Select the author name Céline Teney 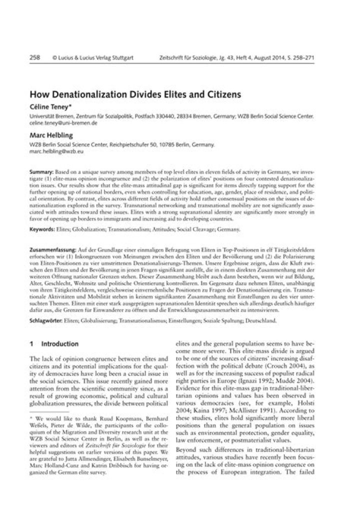(50, 106)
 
